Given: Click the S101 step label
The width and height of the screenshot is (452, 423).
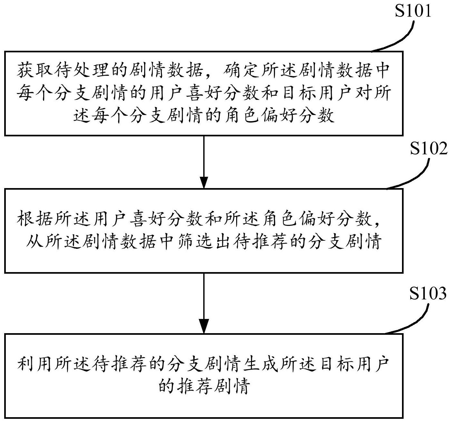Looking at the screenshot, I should coord(413,12).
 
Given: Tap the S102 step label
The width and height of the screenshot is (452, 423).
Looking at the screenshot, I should coord(428,149).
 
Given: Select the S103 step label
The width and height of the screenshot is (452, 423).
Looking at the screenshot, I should coord(428,293).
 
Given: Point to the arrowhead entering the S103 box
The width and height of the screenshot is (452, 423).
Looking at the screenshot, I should coord(204,326).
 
